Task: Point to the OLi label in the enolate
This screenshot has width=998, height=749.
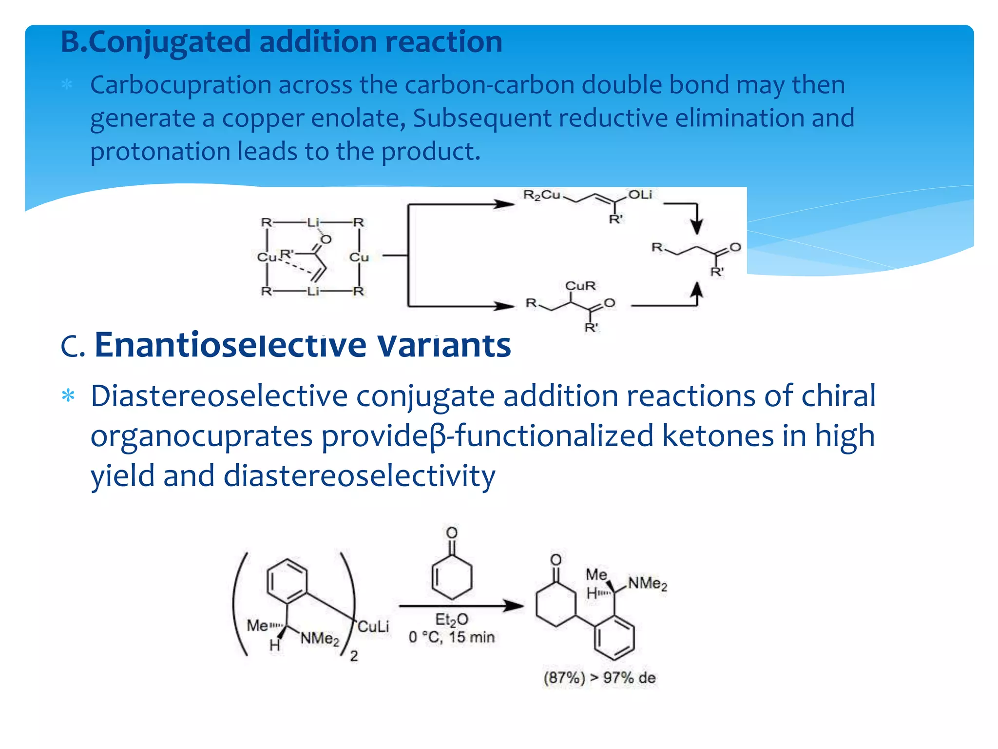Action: pos(640,195)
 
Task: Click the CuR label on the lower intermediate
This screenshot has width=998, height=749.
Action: pos(580,286)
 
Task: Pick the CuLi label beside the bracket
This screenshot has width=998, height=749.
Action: pos(373,627)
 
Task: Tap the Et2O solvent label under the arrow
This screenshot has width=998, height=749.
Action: pos(452,620)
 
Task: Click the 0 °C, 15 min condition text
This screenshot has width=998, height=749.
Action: pos(452,637)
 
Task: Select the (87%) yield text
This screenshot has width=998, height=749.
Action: pos(564,678)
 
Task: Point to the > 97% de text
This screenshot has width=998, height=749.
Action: pos(623,678)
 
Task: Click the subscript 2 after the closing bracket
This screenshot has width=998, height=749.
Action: pos(354,656)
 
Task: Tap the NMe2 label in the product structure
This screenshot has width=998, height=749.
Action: pos(648,583)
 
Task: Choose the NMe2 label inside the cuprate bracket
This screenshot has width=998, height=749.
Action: pos(320,639)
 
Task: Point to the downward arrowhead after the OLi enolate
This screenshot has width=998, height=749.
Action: pos(697,227)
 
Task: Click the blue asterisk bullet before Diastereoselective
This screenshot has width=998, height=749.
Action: pos(68,395)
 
